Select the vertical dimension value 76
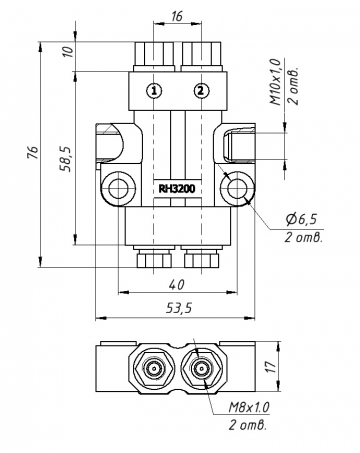click(33, 153)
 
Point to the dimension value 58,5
click(64, 158)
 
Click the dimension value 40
click(177, 282)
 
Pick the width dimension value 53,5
click(176, 309)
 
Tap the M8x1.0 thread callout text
click(249, 407)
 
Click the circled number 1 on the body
click(153, 90)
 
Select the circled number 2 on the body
click(201, 90)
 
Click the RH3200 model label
click(177, 187)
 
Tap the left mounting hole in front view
click(120, 187)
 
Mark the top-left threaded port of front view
click(153, 53)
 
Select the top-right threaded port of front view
click(200, 53)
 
